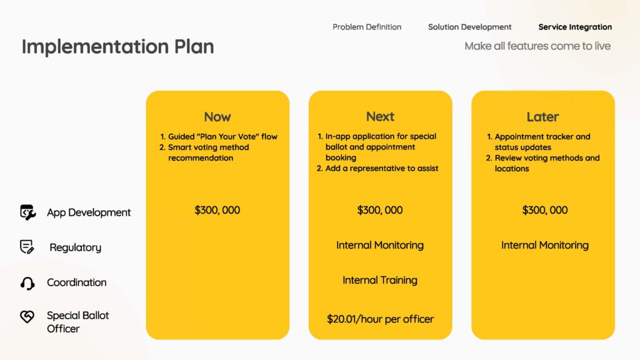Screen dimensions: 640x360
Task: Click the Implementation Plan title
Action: pos(117,46)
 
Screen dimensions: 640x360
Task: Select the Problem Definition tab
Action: pos(366,27)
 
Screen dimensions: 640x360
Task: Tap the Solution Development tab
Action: pos(469,27)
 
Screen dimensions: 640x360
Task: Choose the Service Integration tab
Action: pos(575,27)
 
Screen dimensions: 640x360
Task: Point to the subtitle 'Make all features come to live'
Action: pos(537,46)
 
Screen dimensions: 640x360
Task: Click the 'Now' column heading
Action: pos(217,117)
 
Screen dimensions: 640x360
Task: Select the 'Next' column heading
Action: pos(380,117)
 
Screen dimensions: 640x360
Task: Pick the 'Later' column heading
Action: pos(542,117)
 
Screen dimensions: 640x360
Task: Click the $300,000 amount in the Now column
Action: pos(217,210)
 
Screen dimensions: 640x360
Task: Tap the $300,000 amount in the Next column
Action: pos(380,210)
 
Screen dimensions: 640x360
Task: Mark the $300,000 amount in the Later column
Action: pos(545,210)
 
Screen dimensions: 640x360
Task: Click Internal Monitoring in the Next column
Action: pos(380,245)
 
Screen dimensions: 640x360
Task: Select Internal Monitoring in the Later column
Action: pos(545,245)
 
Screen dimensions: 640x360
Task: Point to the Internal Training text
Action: pos(380,281)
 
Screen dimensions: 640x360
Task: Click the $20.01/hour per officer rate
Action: pos(380,319)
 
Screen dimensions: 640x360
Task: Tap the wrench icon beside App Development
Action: pos(27,212)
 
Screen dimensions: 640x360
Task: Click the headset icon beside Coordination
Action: pos(27,283)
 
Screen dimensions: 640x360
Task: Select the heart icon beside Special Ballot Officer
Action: pos(27,316)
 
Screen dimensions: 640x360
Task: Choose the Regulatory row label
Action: pos(76,247)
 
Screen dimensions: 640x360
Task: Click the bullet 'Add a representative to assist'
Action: pos(382,168)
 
